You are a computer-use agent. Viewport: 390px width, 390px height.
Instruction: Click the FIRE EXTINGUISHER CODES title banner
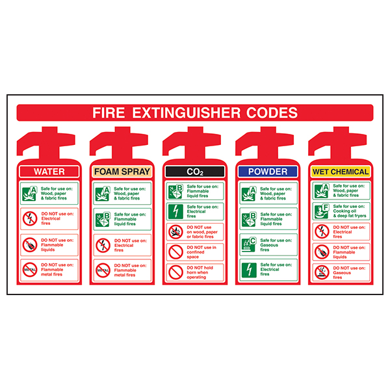pos(195,112)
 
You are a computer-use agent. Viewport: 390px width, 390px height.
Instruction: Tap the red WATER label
pos(49,172)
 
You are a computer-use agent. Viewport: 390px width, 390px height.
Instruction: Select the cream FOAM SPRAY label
pos(122,172)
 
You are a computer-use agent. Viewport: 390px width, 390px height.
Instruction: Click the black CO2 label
pos(195,172)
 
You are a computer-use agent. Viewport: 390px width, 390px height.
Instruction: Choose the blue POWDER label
pos(268,172)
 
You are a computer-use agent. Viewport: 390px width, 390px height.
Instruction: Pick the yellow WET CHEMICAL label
pos(341,172)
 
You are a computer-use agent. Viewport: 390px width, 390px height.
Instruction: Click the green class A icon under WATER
pos(29,192)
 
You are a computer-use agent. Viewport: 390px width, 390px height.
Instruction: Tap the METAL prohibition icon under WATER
pos(29,269)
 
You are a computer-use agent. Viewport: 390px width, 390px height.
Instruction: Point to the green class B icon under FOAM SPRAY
pos(102,218)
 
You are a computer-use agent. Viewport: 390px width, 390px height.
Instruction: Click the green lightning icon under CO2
pos(175,211)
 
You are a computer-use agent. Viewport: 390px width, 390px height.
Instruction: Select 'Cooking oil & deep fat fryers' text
pos(351,211)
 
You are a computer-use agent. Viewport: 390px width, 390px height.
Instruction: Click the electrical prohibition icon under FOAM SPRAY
pos(102,244)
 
